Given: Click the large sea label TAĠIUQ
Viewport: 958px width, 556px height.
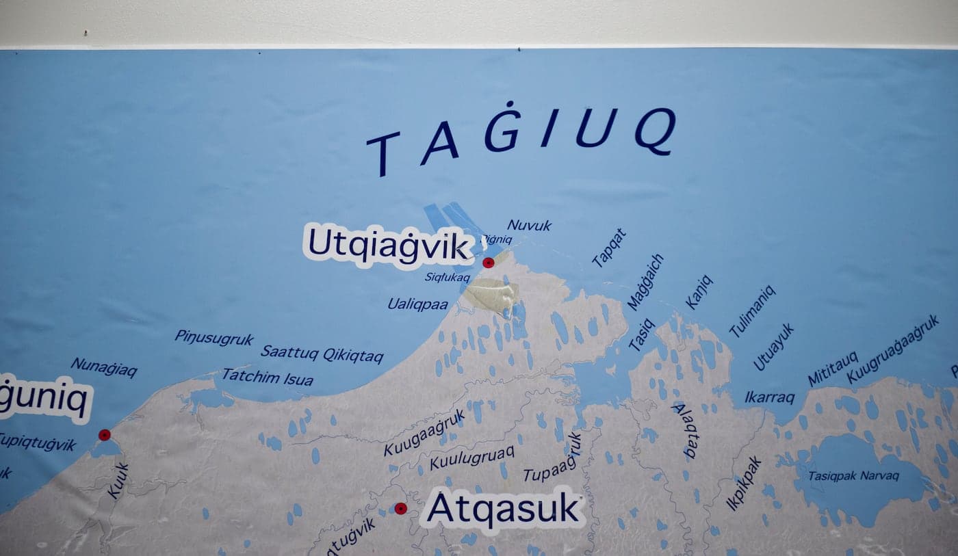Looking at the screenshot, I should (521, 137).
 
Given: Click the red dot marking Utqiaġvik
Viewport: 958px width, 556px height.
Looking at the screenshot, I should (488, 263).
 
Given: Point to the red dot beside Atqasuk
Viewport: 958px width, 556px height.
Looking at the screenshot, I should (400, 509).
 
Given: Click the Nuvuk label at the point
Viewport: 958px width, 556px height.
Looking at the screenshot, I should (529, 225).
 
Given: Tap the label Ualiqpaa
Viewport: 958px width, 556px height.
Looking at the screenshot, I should (418, 304).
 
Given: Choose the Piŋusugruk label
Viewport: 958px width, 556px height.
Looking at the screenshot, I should (214, 338).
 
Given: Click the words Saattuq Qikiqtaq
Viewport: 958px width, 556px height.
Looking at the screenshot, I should (322, 354).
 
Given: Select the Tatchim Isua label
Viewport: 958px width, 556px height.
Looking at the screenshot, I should (268, 378).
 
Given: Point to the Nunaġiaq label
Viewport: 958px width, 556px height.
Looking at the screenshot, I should (104, 367).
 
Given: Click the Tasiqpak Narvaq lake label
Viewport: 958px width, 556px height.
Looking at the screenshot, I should (853, 476).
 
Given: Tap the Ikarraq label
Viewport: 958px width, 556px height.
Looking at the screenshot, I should (770, 397).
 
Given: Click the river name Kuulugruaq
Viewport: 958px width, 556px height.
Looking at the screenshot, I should (471, 457).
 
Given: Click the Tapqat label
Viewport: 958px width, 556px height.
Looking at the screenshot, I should (608, 247).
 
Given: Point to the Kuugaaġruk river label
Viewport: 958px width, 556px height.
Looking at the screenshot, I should (424, 432).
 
